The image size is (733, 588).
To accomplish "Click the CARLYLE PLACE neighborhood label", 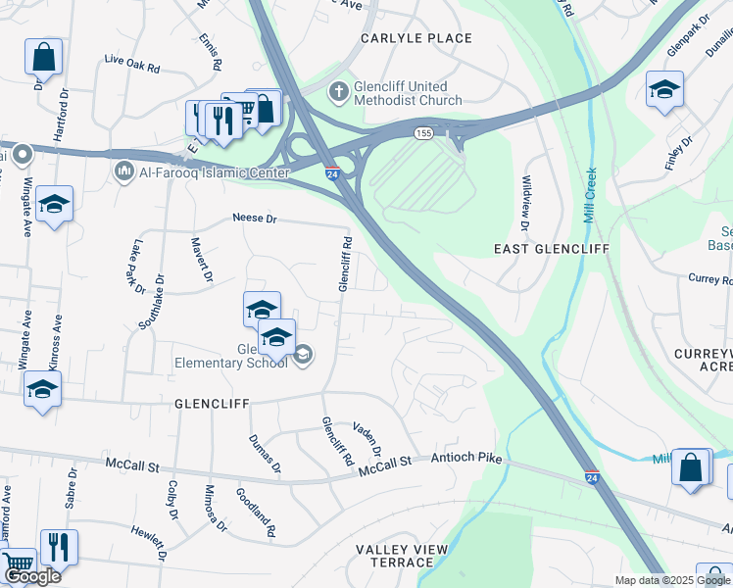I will tap(415, 38).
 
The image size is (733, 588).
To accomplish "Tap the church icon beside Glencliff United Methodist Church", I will tap(339, 91).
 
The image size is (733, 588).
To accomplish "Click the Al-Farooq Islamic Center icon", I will tap(123, 172).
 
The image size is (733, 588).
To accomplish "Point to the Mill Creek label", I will tap(590, 196).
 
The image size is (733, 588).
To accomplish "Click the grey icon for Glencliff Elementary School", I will tap(303, 355).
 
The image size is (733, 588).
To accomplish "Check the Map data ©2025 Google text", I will tap(671, 580).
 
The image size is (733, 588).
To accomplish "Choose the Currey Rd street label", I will tap(710, 279).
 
